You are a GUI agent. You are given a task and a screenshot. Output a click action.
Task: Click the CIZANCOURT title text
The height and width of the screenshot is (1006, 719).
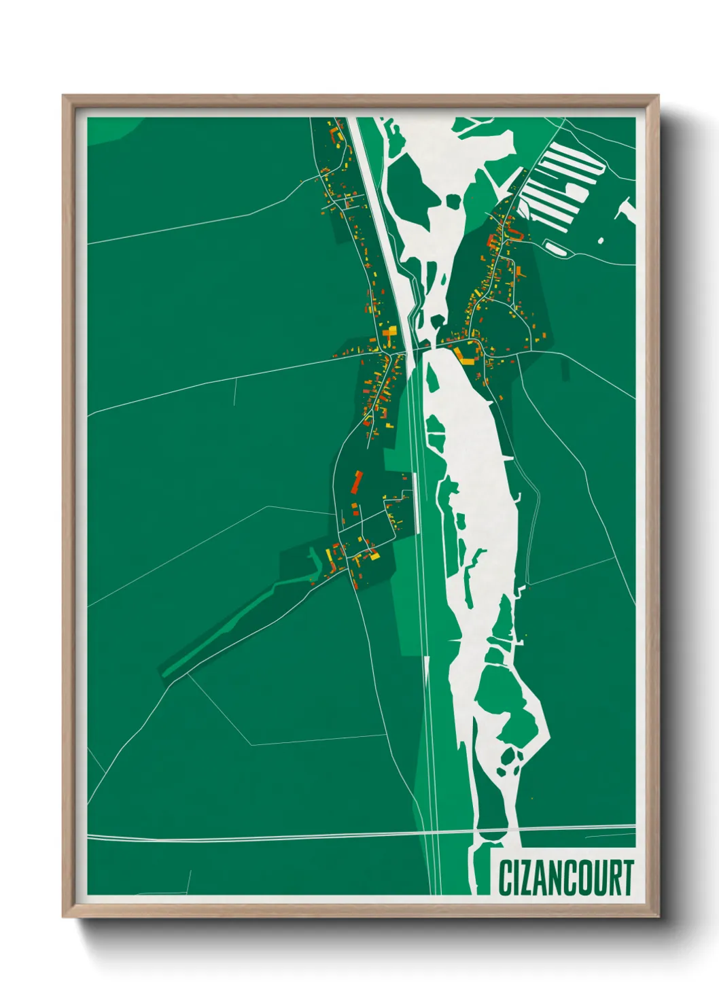pos(565,878)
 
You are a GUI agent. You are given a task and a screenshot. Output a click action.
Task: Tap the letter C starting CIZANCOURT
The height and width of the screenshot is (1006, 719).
pos(506,878)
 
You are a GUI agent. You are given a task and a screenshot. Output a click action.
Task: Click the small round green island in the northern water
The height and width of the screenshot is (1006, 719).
pos(452,200)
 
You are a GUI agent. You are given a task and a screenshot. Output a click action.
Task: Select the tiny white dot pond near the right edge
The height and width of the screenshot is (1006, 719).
pos(600,240)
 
